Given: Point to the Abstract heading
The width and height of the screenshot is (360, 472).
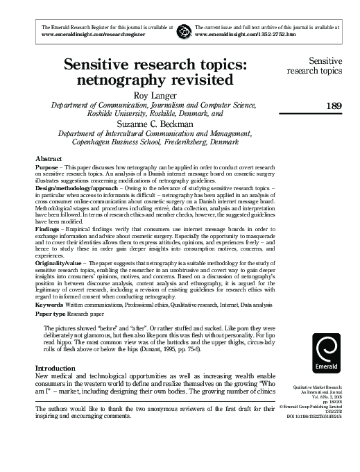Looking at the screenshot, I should pyautogui.click(x=49, y=159).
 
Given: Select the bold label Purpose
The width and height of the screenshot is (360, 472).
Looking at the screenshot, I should pyautogui.click(x=47, y=169).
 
